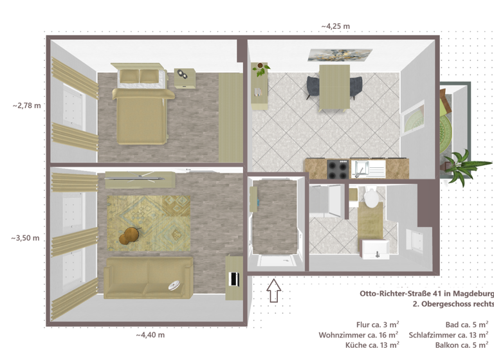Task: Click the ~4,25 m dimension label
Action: tap(335, 26)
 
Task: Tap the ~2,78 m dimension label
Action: tap(26, 105)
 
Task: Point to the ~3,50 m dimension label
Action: tap(25, 238)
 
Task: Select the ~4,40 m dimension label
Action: tap(150, 335)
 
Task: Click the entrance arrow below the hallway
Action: tap(274, 291)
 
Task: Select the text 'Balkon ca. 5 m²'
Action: tap(462, 345)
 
